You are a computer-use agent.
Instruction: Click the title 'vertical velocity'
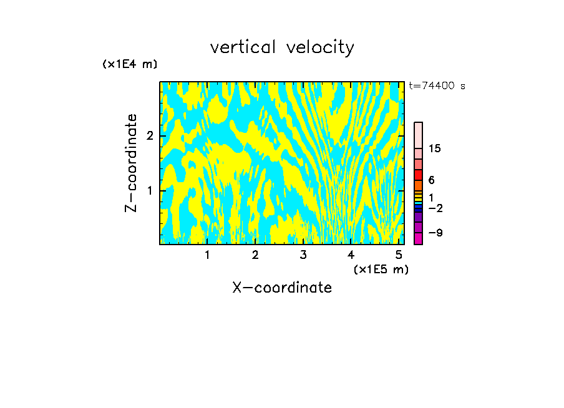tap(282, 47)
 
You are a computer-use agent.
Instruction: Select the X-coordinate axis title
tap(282, 288)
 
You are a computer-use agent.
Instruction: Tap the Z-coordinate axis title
tap(131, 163)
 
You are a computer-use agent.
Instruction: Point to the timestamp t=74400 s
tap(437, 86)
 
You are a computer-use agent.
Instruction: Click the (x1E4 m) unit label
tap(130, 64)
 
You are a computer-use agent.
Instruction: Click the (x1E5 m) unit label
tap(381, 269)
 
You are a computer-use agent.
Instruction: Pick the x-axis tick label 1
tap(207, 255)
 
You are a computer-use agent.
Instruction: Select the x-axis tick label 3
tap(303, 255)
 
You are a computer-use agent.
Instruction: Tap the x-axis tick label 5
tap(399, 255)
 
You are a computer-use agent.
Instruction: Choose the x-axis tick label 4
tap(351, 255)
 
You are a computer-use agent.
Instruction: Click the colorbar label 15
tap(435, 148)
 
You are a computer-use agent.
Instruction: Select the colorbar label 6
tap(431, 180)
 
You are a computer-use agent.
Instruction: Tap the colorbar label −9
tap(434, 233)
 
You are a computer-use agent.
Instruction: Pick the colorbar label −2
tap(434, 208)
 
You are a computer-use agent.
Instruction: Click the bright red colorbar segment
tap(418, 175)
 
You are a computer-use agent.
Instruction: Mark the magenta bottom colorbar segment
tap(418, 238)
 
